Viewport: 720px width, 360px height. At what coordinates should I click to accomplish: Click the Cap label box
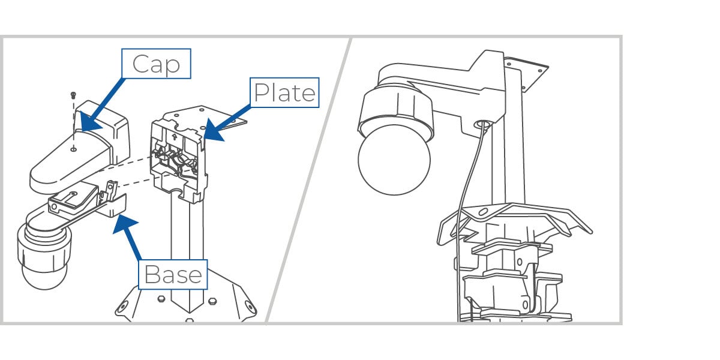(x=156, y=64)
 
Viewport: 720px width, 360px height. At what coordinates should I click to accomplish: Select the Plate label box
(x=284, y=92)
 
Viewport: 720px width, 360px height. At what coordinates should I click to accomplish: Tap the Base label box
(x=173, y=275)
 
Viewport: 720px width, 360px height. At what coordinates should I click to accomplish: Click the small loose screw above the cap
(x=73, y=95)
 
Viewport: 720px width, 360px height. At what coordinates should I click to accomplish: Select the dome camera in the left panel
(x=45, y=258)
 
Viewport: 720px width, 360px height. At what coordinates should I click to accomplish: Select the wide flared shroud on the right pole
(x=510, y=219)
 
